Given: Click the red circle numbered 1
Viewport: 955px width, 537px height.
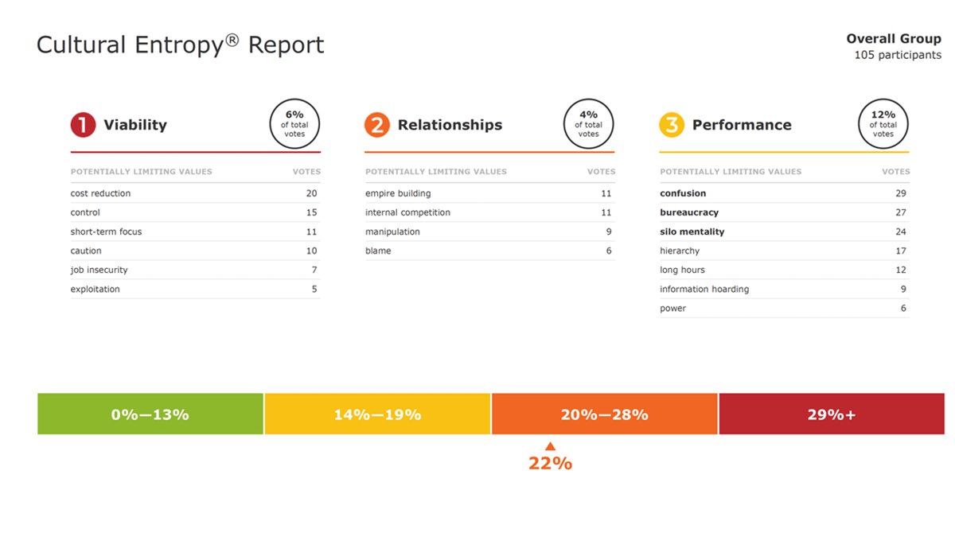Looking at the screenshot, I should (x=83, y=125).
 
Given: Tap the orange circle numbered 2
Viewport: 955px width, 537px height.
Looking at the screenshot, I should (x=377, y=125).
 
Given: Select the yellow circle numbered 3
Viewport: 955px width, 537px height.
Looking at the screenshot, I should (x=672, y=125).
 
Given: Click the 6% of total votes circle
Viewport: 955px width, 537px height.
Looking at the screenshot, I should (x=294, y=124).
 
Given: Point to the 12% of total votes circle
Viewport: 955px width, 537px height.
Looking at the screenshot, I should (x=883, y=124).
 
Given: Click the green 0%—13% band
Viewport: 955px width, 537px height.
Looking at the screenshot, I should (x=150, y=414).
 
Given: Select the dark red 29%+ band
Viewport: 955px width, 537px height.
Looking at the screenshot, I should (x=832, y=414).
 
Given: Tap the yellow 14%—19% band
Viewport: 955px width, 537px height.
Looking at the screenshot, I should (x=377, y=414).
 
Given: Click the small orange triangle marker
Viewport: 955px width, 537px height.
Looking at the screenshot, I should (x=550, y=446).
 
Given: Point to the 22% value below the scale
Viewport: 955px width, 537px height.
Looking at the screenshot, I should (x=550, y=463).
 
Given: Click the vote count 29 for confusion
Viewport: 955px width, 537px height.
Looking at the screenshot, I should (x=900, y=193).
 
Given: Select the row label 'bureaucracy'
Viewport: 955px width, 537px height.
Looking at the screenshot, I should (x=689, y=212).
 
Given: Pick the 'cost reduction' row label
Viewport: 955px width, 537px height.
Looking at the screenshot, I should (x=100, y=193).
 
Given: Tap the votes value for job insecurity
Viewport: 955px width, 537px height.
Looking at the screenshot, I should (x=314, y=270).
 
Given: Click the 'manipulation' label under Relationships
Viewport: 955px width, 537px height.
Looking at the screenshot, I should (x=392, y=232).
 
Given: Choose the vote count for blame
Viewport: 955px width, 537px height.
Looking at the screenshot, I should (x=609, y=251).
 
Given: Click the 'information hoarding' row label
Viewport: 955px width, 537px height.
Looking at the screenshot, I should (x=704, y=289).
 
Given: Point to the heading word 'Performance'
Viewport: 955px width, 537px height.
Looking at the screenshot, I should (x=742, y=125).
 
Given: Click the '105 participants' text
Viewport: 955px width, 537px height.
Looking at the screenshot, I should (x=898, y=55).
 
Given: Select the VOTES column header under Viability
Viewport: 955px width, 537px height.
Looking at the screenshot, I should (x=306, y=172).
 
